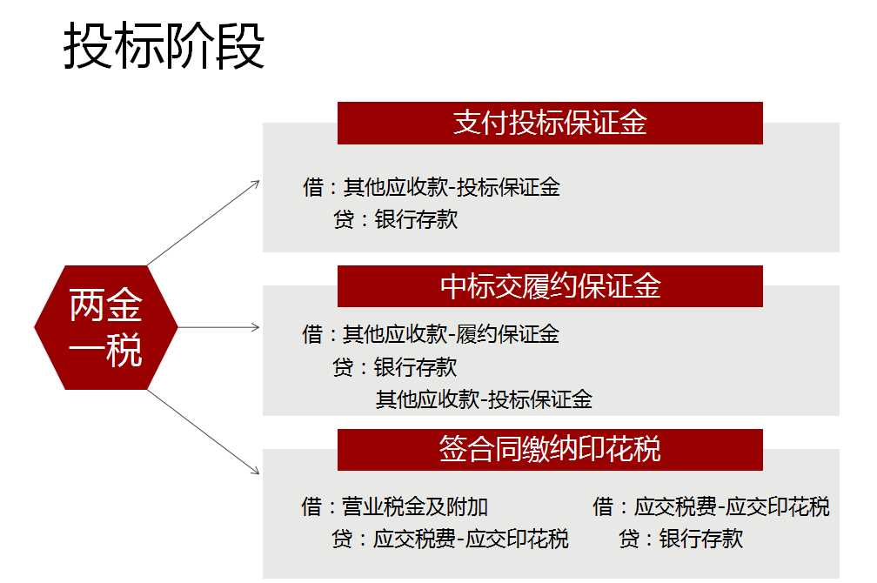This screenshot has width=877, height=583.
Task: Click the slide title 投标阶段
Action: coord(164,47)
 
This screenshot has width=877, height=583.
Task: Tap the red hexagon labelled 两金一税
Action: coord(106,328)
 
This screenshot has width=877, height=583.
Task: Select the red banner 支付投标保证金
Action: coord(550,123)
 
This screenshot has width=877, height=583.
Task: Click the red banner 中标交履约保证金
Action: coord(550,286)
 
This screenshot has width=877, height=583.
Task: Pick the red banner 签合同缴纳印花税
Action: coord(550,449)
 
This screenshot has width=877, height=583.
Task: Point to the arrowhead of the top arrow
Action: coord(257,183)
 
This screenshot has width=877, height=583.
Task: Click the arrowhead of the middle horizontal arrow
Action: coord(257,327)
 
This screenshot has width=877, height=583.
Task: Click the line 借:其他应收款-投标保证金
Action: coord(431,187)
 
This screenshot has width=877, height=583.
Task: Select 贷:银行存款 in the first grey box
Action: coord(395,219)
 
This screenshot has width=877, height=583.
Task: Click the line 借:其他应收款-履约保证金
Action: coord(431,334)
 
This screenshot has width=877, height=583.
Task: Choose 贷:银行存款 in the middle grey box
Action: coord(395,367)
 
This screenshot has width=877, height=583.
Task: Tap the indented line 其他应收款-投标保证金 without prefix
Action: coord(484,399)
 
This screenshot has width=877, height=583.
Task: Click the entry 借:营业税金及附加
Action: coord(395,506)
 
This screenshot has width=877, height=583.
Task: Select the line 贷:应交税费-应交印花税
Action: coord(450,539)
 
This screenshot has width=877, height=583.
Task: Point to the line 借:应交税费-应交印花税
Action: coord(711,506)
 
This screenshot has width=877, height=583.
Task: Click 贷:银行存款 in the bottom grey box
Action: coord(681,539)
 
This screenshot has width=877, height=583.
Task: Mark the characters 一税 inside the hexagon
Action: coord(106,350)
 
